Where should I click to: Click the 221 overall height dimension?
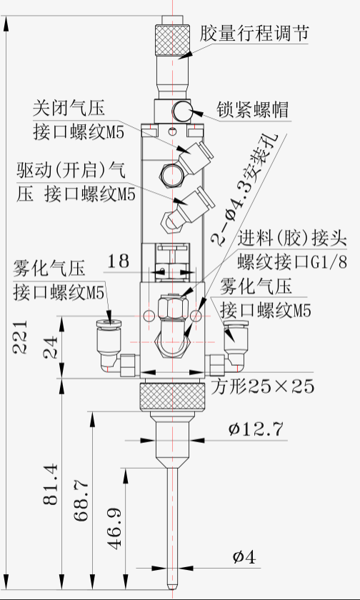click(19, 336)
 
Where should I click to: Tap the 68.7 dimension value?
click(81, 501)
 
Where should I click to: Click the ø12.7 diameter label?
click(256, 429)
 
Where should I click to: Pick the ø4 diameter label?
click(244, 557)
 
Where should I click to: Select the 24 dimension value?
click(51, 347)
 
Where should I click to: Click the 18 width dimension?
click(119, 261)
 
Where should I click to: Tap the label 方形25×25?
click(262, 386)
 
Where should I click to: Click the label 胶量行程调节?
click(254, 34)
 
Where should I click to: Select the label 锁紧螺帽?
click(252, 110)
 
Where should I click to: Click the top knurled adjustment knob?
click(172, 40)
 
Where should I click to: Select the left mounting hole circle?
click(149, 316)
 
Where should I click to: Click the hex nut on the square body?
click(173, 306)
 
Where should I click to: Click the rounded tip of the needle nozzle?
click(172, 586)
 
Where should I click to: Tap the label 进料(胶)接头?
click(292, 239)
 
